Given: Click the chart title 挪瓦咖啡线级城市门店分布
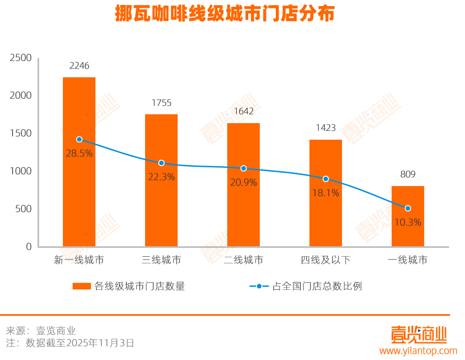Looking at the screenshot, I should tap(225, 14).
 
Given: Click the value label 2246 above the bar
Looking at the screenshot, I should tap(79, 66).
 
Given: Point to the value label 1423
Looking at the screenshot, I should tap(325, 128).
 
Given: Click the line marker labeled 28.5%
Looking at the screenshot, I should tap(79, 139).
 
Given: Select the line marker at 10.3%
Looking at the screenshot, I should tap(408, 208).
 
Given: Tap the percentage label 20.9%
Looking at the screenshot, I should tap(243, 182).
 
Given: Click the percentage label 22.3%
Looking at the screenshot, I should tap(161, 177).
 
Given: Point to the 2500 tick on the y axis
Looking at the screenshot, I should tap(21, 58).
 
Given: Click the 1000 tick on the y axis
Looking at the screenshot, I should tap(21, 171).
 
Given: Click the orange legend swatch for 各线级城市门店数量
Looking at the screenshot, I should tap(82, 286).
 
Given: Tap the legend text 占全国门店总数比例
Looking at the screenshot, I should tap(317, 286).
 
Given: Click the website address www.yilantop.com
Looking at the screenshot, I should tap(418, 351).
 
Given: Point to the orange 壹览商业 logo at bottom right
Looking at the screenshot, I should tap(418, 334).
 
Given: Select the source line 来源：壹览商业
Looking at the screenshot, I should tap(41, 331).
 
